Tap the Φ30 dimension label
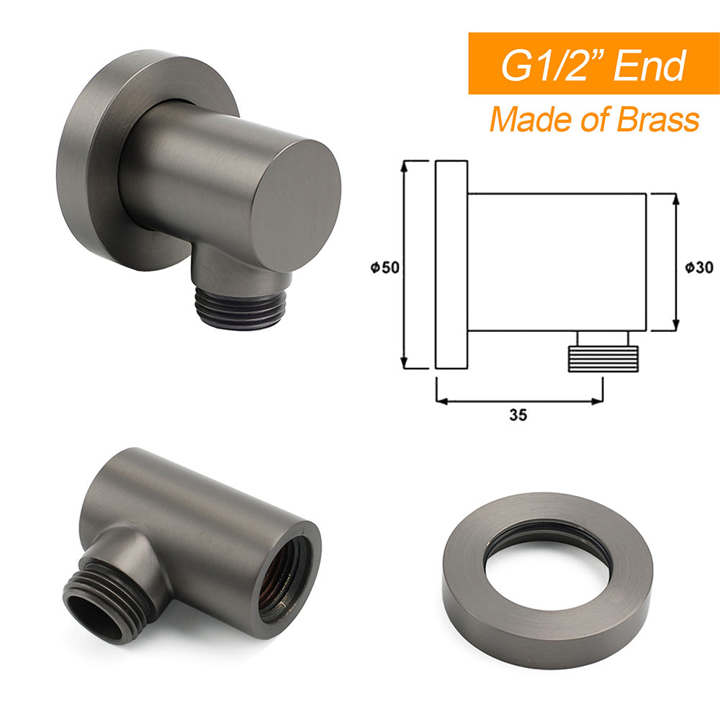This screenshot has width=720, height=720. tap(698, 267)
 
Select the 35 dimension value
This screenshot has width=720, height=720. tap(518, 415)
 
